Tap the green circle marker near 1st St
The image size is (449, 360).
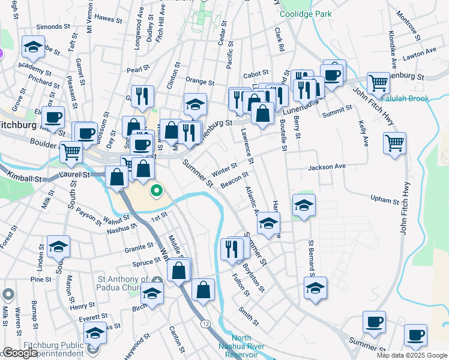(x=156, y=192)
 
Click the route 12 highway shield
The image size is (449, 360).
(x=206, y=323)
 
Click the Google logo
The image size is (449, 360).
(x=20, y=353)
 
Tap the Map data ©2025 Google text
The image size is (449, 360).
(x=411, y=355)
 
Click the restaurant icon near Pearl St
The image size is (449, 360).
(x=142, y=96)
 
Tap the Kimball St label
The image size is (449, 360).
(x=28, y=179)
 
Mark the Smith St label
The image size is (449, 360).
(x=248, y=316)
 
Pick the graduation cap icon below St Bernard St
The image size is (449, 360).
(x=315, y=287)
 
